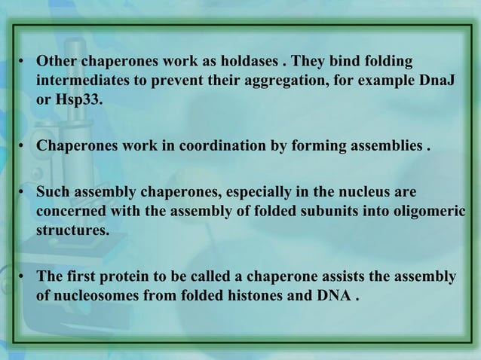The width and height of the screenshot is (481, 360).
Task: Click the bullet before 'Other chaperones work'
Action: (24, 61)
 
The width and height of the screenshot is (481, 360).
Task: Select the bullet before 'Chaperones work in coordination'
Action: (24, 145)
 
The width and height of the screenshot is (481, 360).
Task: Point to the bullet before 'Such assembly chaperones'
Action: (24, 191)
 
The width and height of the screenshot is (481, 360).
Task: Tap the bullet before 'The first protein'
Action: (24, 276)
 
